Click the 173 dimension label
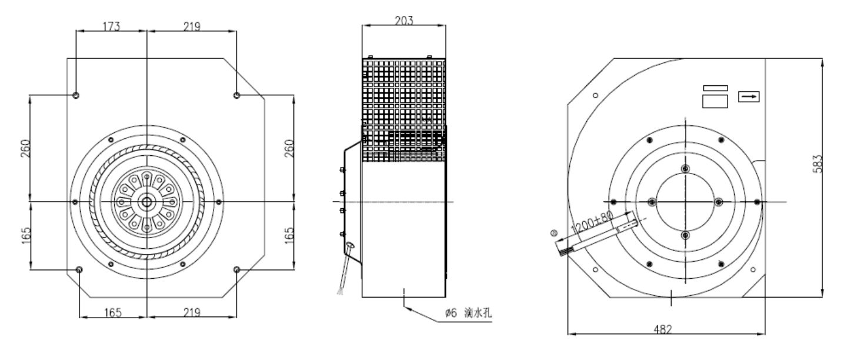point(112,26)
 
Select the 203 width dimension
point(404,21)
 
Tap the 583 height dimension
point(818,164)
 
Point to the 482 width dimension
point(663,329)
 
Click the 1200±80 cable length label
point(592,223)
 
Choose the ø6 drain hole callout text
point(468,312)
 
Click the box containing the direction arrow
point(749,96)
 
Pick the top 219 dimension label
point(192,26)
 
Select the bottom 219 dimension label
point(192,312)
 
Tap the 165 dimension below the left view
point(112,312)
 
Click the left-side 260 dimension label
point(25,148)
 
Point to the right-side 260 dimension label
point(289,148)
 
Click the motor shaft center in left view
point(146,202)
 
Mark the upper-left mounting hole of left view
point(76,95)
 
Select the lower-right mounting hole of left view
point(237,269)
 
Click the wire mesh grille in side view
point(404,110)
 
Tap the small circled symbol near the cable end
point(554,233)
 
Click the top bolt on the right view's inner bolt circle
point(685,169)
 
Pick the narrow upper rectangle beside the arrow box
point(715,88)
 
